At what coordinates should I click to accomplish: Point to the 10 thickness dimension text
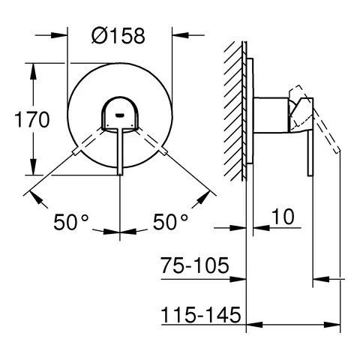pos(282,217)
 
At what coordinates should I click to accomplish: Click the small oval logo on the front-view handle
pos(120,114)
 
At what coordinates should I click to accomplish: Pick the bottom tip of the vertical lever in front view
pos(120,174)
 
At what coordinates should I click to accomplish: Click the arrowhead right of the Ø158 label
pos(178,34)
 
